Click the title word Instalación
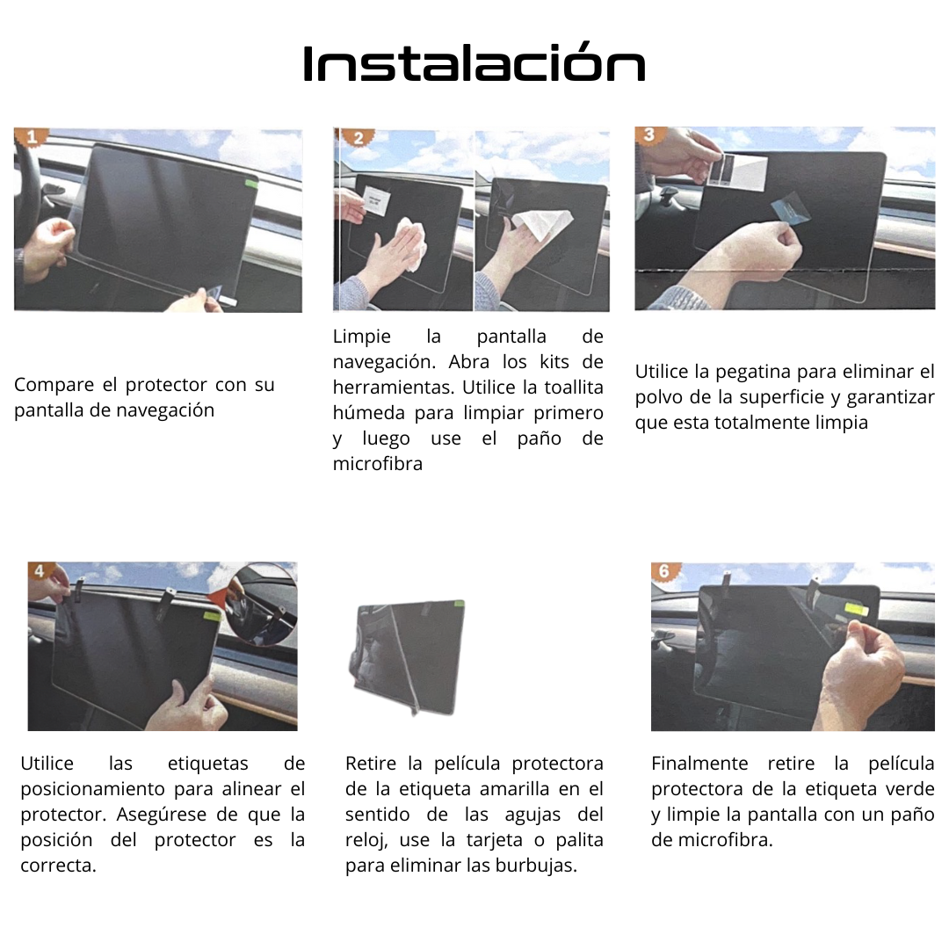click(x=474, y=63)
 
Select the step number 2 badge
click(x=358, y=137)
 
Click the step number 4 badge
click(x=40, y=571)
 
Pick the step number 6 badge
click(x=665, y=571)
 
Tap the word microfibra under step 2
click(x=378, y=464)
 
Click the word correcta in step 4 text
click(x=58, y=866)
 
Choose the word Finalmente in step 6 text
click(x=699, y=764)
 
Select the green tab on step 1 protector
click(x=250, y=184)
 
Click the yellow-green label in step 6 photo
click(x=860, y=609)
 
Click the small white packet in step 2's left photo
click(x=377, y=199)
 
